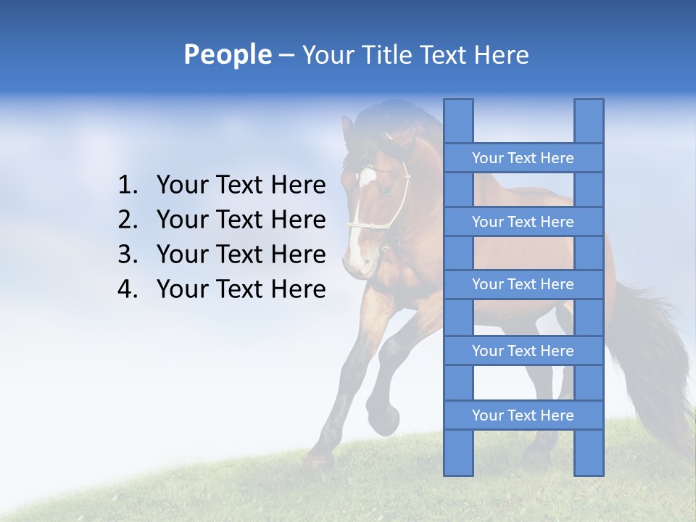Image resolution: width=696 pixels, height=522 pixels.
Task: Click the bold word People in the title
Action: (226, 54)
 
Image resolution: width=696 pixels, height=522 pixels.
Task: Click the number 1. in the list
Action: (128, 186)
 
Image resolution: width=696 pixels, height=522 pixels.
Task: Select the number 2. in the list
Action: (128, 220)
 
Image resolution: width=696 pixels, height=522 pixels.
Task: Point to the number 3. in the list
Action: (128, 255)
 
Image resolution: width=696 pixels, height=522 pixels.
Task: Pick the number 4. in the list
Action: (128, 290)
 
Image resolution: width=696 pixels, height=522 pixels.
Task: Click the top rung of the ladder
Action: (523, 158)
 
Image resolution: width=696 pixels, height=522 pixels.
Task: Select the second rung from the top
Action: (523, 222)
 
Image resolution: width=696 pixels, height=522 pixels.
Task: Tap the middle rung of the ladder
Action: (523, 285)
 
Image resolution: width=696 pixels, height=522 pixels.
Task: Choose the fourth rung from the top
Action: (523, 351)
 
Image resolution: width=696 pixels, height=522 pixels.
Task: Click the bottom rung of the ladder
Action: (523, 415)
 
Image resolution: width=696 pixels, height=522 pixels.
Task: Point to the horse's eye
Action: (389, 190)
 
